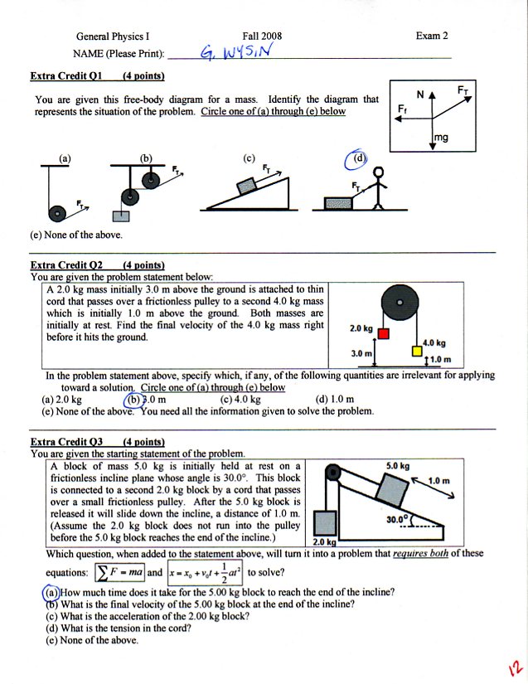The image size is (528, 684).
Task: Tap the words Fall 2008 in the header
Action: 262,36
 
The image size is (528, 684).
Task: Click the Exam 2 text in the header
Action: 432,36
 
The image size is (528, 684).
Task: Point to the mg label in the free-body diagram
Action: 441,138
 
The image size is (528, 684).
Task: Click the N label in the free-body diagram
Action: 420,95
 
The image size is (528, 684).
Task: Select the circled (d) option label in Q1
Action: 356,159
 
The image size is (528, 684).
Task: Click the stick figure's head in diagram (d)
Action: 380,172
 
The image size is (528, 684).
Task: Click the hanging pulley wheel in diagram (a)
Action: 57,213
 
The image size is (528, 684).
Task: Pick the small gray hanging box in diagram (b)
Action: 121,216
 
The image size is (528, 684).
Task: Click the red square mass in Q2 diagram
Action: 384,334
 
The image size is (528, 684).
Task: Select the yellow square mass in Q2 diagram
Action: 417,352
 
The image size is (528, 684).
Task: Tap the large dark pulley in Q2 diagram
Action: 400,303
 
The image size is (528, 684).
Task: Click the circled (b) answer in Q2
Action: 133,400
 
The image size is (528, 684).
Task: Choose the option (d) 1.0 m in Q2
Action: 334,399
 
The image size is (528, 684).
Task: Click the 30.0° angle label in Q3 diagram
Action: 397,519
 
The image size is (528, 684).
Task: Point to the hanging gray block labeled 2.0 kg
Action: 325,523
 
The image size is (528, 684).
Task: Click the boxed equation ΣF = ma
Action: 119,573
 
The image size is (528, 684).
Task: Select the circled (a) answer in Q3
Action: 51,593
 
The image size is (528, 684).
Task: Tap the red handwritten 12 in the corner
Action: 515,667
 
